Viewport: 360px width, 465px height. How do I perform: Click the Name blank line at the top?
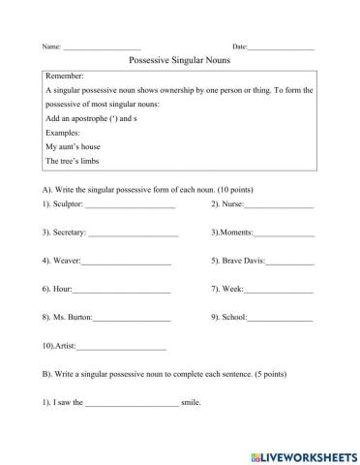tap(102, 47)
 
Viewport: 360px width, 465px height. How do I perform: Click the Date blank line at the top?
tap(281, 47)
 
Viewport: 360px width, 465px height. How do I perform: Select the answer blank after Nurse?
tap(279, 206)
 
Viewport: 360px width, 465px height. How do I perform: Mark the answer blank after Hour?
tap(122, 291)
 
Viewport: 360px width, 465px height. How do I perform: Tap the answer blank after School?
tap(281, 319)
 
